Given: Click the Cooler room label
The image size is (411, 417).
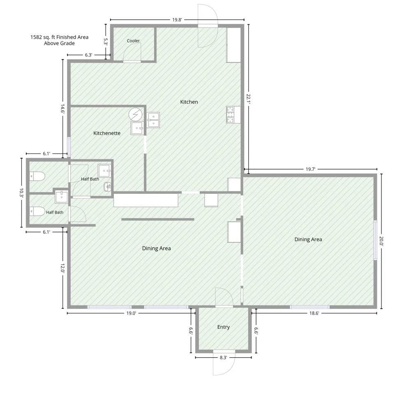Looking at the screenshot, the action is click(133, 41).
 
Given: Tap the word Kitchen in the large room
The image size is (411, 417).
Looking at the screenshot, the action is click(189, 102).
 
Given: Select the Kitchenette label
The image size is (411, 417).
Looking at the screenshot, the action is click(107, 133).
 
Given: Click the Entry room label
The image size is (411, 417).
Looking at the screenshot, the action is click(223, 327).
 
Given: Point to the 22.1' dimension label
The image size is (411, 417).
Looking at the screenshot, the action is click(248, 98).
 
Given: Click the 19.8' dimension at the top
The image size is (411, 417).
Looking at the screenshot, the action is click(177, 20).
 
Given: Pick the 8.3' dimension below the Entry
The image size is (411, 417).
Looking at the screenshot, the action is click(223, 357).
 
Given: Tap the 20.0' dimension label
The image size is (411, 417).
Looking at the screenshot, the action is click(381, 241).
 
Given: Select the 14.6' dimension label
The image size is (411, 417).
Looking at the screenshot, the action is click(62, 109).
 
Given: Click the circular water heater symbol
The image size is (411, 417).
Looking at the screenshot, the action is click(135, 114).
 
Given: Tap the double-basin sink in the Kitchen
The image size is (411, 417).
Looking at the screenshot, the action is click(153, 120).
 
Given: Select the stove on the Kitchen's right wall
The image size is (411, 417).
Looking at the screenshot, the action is click(230, 114).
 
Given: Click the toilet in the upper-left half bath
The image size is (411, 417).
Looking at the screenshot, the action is click(37, 176).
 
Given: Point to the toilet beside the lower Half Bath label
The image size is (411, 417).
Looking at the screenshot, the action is click(37, 212).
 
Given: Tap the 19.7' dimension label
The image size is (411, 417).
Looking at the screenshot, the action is click(310, 169).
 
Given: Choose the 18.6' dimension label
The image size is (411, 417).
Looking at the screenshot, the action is click(314, 313).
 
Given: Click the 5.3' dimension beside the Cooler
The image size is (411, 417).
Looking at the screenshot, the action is click(105, 42).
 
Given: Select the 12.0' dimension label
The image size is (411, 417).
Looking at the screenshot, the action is click(62, 268).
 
